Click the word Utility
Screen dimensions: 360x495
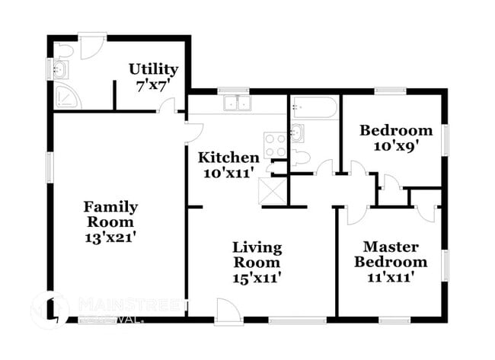(x=153, y=69)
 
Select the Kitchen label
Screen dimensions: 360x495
(x=228, y=158)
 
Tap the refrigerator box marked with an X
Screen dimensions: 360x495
(x=271, y=189)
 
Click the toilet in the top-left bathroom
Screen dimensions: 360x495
(x=65, y=50)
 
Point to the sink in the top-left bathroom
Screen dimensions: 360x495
(x=60, y=71)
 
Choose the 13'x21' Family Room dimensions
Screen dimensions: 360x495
(x=110, y=237)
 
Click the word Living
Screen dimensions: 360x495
(x=257, y=247)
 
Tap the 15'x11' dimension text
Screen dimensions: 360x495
(x=257, y=278)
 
